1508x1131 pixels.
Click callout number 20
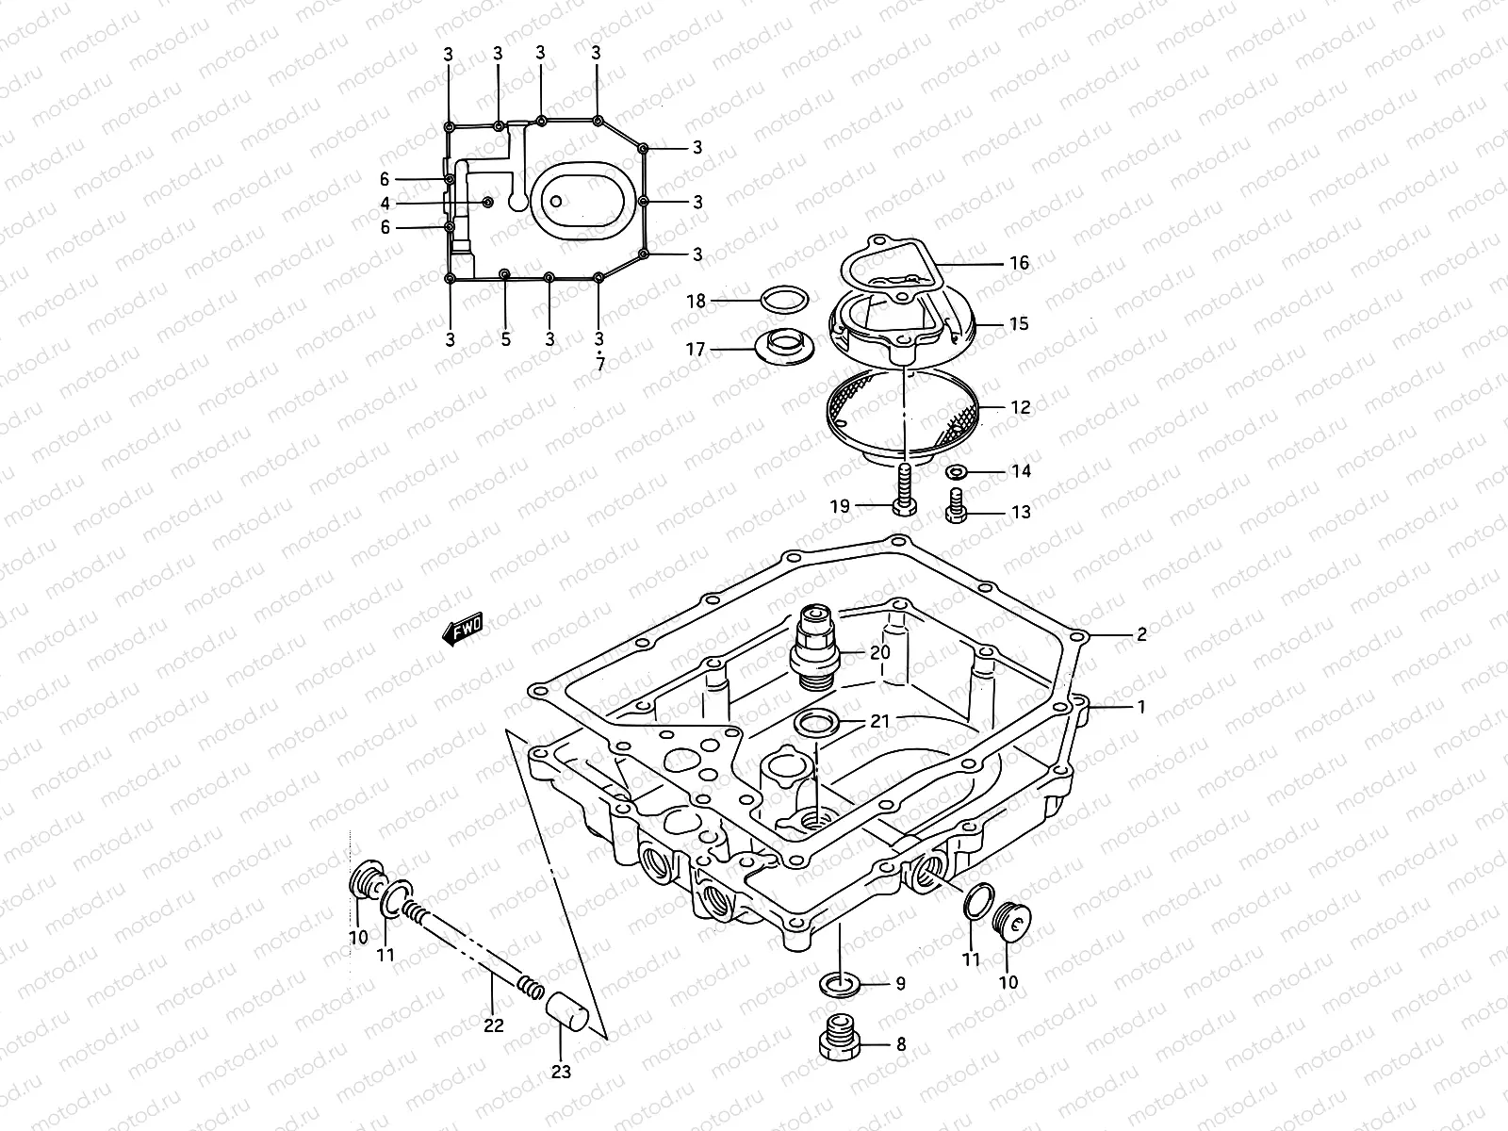click(x=879, y=652)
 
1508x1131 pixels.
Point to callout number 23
click(x=561, y=1072)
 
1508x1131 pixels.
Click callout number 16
click(x=1019, y=263)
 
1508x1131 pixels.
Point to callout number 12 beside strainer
click(x=1020, y=408)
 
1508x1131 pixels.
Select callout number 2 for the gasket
click(x=1141, y=634)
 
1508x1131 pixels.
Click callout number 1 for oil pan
click(x=1141, y=706)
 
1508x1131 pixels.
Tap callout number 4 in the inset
click(x=385, y=204)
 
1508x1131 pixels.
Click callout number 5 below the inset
click(x=505, y=339)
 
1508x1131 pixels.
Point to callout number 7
click(x=600, y=364)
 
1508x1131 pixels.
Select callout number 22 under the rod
click(x=494, y=1024)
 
